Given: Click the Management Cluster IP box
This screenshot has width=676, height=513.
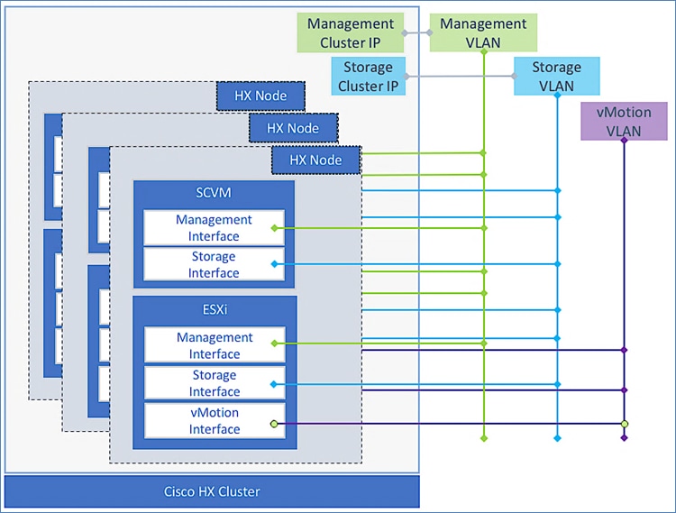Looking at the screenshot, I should coord(351,32).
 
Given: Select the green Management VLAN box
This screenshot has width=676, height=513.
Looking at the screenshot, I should coord(483,32).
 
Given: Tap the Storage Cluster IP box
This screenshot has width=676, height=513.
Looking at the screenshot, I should coord(369,76).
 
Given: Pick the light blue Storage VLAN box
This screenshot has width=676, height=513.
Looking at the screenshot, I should coord(556,76).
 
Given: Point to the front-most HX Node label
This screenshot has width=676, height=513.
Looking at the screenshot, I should coord(315,160).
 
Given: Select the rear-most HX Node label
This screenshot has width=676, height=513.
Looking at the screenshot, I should coord(260,96).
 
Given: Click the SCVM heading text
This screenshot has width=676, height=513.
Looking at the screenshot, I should coord(214,194).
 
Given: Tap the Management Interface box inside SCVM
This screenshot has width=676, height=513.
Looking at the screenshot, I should coord(214,228).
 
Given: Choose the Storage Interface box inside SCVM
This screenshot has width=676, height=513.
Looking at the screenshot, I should coord(214,265).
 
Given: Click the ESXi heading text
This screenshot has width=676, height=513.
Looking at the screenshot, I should coord(214,309).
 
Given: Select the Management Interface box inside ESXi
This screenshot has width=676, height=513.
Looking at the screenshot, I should coord(214,345).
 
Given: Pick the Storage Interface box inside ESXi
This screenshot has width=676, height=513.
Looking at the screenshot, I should coord(214,383).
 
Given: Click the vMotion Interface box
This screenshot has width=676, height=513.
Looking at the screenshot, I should coord(214,421).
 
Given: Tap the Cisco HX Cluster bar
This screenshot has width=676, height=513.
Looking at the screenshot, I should coord(213,491).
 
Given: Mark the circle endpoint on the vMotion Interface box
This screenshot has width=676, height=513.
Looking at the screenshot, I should coord(275,423).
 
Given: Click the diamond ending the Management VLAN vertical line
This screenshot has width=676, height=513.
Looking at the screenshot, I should coord(484,439).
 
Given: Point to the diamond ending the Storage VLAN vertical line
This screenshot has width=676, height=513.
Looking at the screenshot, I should coord(557,439).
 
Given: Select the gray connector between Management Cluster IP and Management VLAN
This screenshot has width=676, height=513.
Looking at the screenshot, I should coord(416,33).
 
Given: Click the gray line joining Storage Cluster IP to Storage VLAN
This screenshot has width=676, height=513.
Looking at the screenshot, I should coord(460,77).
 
